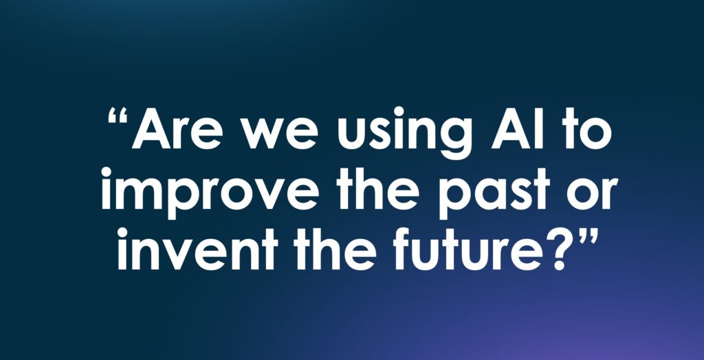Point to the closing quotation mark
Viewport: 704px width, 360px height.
tap(588, 236)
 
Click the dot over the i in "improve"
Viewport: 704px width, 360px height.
tap(107, 172)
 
